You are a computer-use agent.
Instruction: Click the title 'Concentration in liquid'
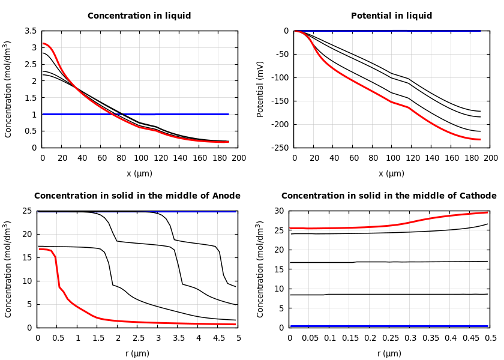(x=139, y=16)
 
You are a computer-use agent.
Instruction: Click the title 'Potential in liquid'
(x=391, y=16)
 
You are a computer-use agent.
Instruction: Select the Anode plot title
(x=137, y=196)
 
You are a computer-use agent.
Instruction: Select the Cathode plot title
(x=389, y=196)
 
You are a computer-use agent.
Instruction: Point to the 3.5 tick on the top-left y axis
(x=30, y=31)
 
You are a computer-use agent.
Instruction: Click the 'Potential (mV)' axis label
(x=260, y=89)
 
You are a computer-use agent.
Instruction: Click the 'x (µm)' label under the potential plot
(x=391, y=174)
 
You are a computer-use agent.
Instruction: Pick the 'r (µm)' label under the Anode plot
(x=137, y=354)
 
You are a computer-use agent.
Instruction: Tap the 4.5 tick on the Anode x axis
(x=218, y=338)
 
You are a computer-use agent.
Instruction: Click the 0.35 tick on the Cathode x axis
(x=430, y=338)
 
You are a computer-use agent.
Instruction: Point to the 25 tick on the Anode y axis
(x=26, y=211)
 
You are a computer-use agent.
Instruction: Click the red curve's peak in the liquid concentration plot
(x=43, y=43)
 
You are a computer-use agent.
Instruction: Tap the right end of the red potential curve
(x=480, y=139)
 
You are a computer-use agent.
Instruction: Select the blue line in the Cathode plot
(x=390, y=326)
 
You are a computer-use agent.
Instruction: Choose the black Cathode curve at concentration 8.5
(x=390, y=294)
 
